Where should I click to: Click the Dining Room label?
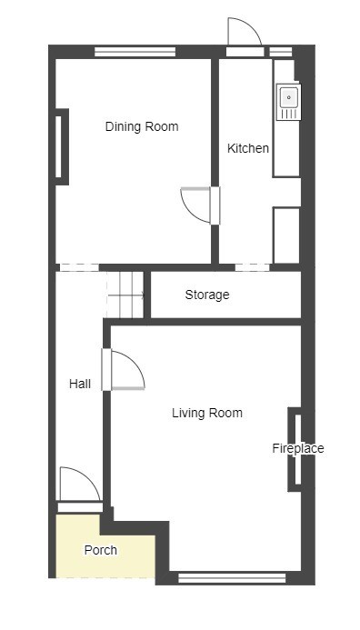point(142,126)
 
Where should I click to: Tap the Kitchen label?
point(248,148)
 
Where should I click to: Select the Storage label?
point(207,295)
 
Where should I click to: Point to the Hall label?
point(80,384)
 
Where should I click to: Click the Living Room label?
point(207,413)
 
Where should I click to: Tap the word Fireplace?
point(297,448)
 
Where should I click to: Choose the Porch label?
point(100,550)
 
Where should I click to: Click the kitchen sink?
point(288,102)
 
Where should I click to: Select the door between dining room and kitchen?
point(200,205)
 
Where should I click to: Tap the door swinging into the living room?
point(124,370)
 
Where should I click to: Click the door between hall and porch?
point(80,489)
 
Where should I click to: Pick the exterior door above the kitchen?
point(245,37)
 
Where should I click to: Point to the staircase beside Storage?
point(125,295)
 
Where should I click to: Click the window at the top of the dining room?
point(135,52)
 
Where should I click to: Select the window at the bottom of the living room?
point(232,578)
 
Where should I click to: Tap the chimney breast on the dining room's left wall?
point(62,146)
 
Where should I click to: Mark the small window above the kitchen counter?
point(280,52)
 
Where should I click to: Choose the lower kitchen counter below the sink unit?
point(286,235)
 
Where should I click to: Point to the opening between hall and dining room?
point(79,267)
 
